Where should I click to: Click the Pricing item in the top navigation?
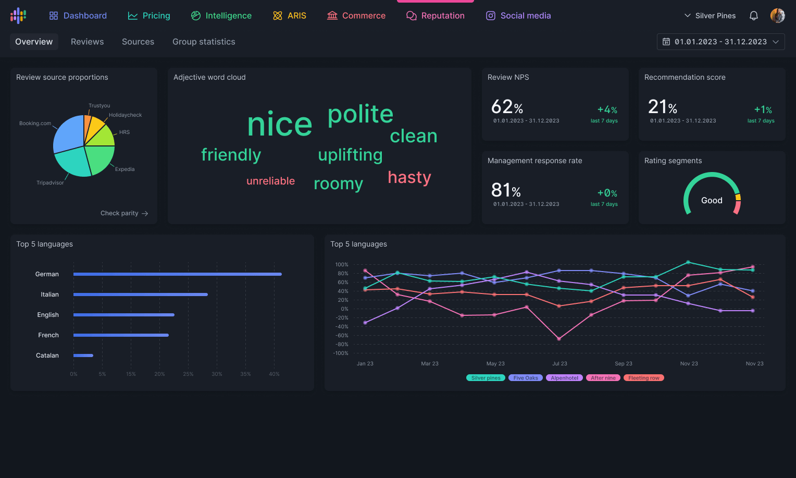coord(149,16)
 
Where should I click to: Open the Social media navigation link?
coord(518,16)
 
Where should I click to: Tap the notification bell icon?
coord(753,16)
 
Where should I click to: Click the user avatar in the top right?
coord(777,16)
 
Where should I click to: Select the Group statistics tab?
coord(204,42)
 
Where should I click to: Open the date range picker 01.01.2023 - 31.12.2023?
coord(720,42)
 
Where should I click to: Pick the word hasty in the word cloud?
coord(409,177)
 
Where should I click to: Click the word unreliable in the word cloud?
coord(270,181)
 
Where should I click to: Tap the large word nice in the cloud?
coord(280,125)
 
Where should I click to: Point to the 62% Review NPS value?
coord(507,107)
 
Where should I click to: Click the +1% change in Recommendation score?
coord(763,109)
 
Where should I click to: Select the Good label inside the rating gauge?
coord(712,201)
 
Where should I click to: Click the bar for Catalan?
coord(83,356)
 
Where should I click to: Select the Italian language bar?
coord(141,295)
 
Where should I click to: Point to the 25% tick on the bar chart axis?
coord(188,374)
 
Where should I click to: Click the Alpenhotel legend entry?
coord(564,378)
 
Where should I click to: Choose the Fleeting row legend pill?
coord(643,378)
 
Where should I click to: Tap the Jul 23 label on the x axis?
coord(559,364)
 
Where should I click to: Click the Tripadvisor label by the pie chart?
coord(50,183)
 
